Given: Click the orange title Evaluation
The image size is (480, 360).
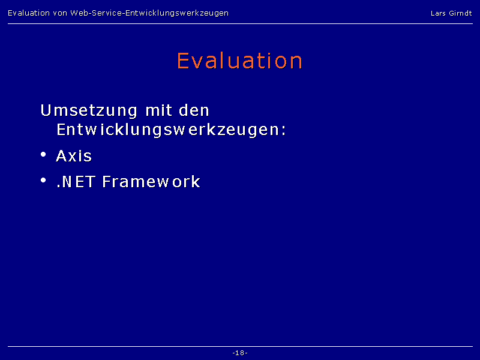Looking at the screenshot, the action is [x=239, y=61].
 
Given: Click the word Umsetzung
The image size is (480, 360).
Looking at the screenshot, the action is [x=89, y=110].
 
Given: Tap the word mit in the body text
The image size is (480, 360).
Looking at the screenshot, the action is [x=158, y=110].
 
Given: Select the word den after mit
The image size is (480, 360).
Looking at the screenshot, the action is [x=194, y=110].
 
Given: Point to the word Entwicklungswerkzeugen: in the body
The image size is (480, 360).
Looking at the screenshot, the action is [x=171, y=130].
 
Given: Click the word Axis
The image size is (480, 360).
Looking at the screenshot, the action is [x=74, y=155].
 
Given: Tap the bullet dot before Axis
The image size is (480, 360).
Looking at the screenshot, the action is [x=43, y=154].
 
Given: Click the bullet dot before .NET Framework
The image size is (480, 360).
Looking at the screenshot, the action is [x=43, y=180].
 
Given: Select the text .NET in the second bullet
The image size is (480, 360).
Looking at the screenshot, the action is [x=76, y=181].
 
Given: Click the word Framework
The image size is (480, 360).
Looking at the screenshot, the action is [x=151, y=181].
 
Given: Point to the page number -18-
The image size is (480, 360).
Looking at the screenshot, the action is [x=240, y=353].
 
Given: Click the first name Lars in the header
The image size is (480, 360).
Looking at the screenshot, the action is [x=438, y=13].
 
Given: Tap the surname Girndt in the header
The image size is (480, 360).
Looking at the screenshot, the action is [x=460, y=13].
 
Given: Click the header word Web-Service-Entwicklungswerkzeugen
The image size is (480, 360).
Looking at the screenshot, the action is [x=149, y=13].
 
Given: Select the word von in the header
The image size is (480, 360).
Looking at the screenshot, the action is [x=60, y=13].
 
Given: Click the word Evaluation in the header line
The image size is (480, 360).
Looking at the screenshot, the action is [x=29, y=13].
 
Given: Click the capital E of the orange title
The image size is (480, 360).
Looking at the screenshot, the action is [x=183, y=61].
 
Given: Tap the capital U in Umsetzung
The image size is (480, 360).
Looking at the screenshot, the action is [x=46, y=110].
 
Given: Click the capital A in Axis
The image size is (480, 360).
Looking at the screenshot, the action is [x=62, y=155].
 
